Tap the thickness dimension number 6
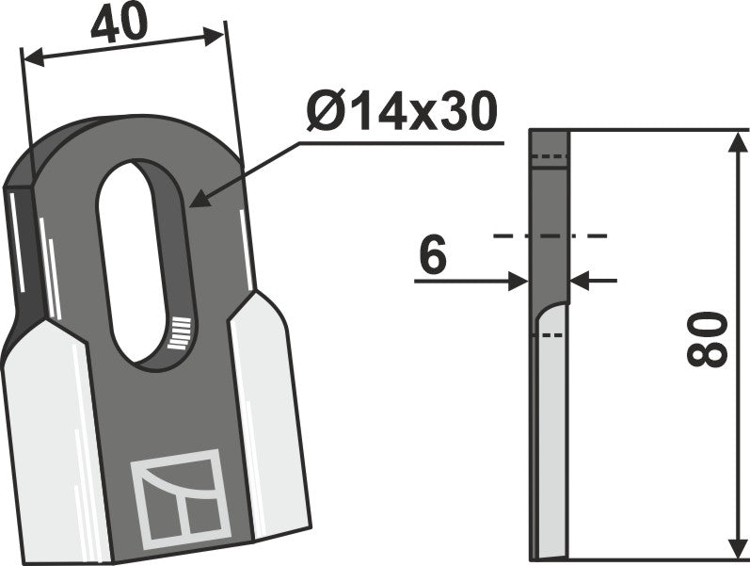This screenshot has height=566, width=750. click(432, 257)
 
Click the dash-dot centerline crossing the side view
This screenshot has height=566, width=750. click(550, 235)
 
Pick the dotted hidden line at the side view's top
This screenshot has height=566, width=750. click(551, 156)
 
